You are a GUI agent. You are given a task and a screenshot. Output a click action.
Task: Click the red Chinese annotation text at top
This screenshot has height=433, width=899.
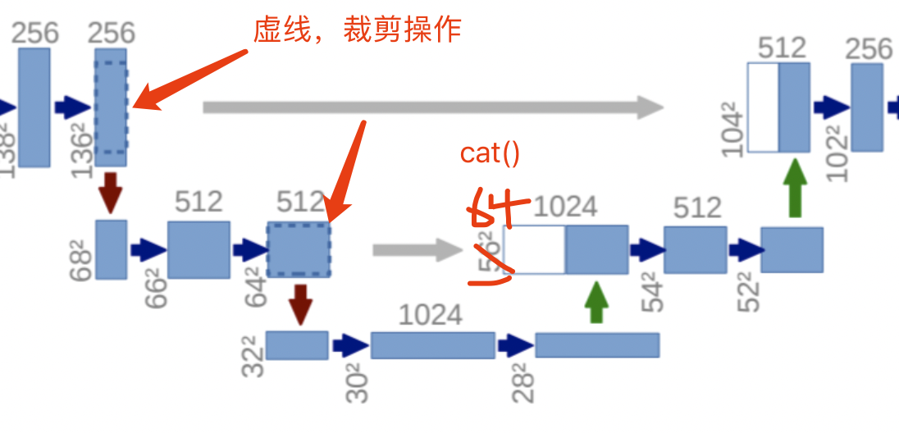(358, 30)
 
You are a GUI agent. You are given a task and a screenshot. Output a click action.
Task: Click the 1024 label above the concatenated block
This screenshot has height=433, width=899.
(565, 207)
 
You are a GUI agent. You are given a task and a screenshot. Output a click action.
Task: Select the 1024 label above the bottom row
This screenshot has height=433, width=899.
(431, 315)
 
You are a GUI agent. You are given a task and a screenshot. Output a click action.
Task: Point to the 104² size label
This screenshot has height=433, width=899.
(733, 130)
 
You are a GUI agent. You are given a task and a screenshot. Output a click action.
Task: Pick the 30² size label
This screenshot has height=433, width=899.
(357, 383)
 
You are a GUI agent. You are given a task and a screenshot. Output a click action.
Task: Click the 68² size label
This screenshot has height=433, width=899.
(82, 260)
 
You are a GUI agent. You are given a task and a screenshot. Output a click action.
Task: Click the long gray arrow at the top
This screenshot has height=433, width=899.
(432, 107)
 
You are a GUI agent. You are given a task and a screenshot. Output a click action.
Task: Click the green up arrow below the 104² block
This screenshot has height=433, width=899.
(793, 188)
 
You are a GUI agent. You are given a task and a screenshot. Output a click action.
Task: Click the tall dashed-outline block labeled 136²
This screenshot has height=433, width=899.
(111, 107)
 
